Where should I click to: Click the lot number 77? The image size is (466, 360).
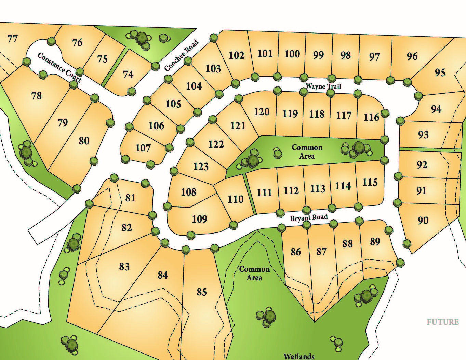click(x=12, y=39)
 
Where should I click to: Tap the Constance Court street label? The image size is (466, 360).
click(x=59, y=67)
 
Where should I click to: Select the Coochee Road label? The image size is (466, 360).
click(x=181, y=56)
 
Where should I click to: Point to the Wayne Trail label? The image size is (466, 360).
click(x=323, y=85)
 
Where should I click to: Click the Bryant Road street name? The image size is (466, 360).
click(x=309, y=217)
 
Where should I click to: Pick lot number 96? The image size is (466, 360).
click(x=412, y=56)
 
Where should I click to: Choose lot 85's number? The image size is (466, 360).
click(x=202, y=292)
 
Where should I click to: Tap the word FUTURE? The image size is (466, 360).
click(x=442, y=322)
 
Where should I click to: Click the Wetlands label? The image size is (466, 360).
click(x=299, y=356)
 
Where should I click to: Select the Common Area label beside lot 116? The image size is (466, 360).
click(x=307, y=151)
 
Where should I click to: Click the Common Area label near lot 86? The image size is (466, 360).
click(x=254, y=273)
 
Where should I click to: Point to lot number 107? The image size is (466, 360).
click(x=143, y=148)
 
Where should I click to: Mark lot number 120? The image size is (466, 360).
click(x=262, y=112)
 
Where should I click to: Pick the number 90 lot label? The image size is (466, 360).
click(x=423, y=220)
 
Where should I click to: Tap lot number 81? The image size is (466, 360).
click(x=130, y=198)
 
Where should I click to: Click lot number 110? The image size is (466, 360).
click(x=236, y=199)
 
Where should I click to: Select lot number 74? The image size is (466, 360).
click(x=128, y=74)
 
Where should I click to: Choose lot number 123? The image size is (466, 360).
click(x=201, y=166)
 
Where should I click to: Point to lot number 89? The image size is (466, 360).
click(x=375, y=241)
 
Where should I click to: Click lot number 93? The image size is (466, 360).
click(x=423, y=135)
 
